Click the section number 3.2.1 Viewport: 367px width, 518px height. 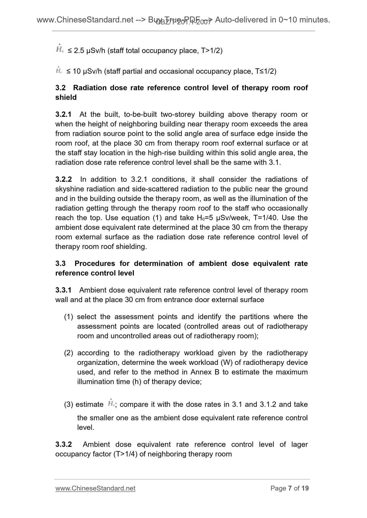pyautogui.click(x=63, y=115)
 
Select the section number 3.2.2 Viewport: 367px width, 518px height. pyautogui.click(x=63, y=179)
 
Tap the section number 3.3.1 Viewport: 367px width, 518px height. pyautogui.click(x=63, y=290)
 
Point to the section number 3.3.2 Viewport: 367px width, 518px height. pyautogui.click(x=63, y=444)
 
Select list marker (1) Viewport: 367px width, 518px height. pyautogui.click(x=69, y=317)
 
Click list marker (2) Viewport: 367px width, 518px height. pyautogui.click(x=69, y=353)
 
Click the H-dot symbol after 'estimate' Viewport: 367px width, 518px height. pyautogui.click(x=111, y=403)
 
